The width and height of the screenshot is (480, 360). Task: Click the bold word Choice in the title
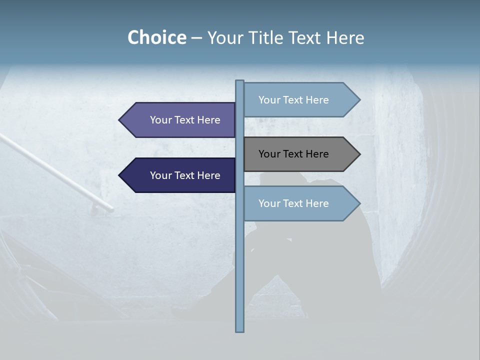(156, 37)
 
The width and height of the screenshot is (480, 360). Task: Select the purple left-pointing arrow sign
(180, 120)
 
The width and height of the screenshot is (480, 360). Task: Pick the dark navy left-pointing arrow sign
(180, 175)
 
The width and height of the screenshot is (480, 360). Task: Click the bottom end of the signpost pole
(240, 330)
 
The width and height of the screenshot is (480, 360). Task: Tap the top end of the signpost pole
(240, 81)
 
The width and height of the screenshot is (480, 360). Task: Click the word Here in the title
(345, 37)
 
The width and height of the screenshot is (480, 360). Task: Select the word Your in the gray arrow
(269, 154)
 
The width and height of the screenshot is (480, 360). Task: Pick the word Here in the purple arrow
(208, 120)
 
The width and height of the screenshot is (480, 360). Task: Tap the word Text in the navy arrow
(184, 175)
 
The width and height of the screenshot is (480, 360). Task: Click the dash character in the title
(196, 38)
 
